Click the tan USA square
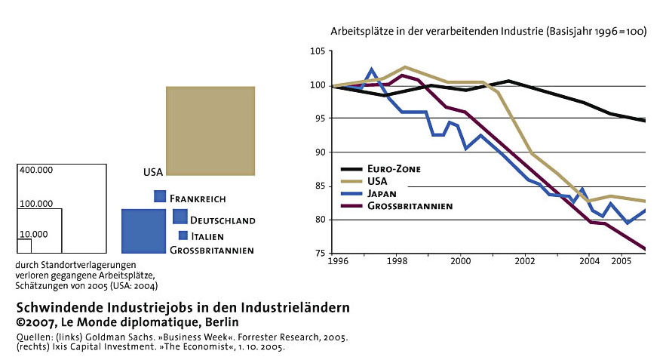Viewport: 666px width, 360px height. click(210, 131)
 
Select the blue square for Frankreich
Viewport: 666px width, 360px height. click(160, 196)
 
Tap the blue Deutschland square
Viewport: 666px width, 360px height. click(180, 217)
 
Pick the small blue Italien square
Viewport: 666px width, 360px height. click(183, 235)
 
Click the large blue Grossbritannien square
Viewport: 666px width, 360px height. click(143, 231)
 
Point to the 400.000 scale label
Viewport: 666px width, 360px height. click(36, 170)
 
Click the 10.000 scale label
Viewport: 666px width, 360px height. click(33, 234)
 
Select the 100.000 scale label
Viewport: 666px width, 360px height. click(36, 204)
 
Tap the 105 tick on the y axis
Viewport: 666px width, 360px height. click(318, 51)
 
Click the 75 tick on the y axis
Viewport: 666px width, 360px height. click(321, 254)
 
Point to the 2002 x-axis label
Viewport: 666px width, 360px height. click(525, 261)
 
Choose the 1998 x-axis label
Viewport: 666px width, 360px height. click(397, 261)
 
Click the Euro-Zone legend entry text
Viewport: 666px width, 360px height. click(394, 169)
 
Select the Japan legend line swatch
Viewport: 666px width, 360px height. click(351, 194)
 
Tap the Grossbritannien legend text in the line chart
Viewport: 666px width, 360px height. click(410, 206)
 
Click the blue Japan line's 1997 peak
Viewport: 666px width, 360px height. click(372, 69)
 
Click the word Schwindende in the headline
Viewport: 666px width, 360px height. click(60, 307)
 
